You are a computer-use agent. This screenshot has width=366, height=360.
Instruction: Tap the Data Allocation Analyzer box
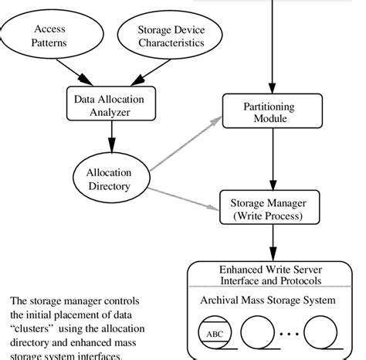click(x=111, y=104)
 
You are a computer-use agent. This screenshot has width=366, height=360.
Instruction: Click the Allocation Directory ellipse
click(x=111, y=180)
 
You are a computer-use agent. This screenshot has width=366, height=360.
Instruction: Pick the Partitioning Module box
click(x=269, y=113)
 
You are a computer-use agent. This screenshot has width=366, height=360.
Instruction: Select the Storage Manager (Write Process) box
click(x=269, y=209)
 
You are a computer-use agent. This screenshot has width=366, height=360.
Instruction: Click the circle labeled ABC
click(x=214, y=335)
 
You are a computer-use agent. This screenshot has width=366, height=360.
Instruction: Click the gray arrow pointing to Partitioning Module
click(x=185, y=144)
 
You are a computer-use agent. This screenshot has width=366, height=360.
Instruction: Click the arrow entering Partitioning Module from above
click(x=269, y=46)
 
